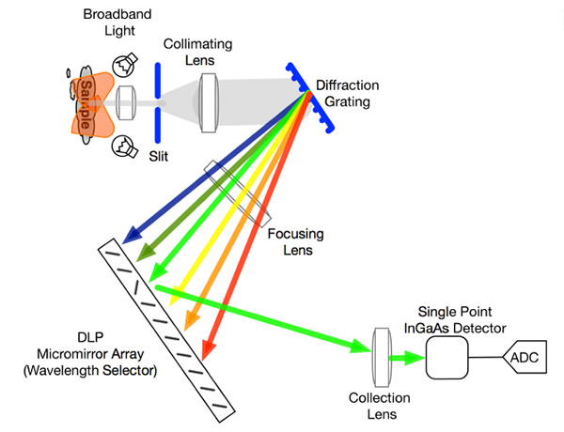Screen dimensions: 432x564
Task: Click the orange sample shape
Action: coord(86,103)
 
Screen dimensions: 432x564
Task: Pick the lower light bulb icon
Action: coord(123,146)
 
